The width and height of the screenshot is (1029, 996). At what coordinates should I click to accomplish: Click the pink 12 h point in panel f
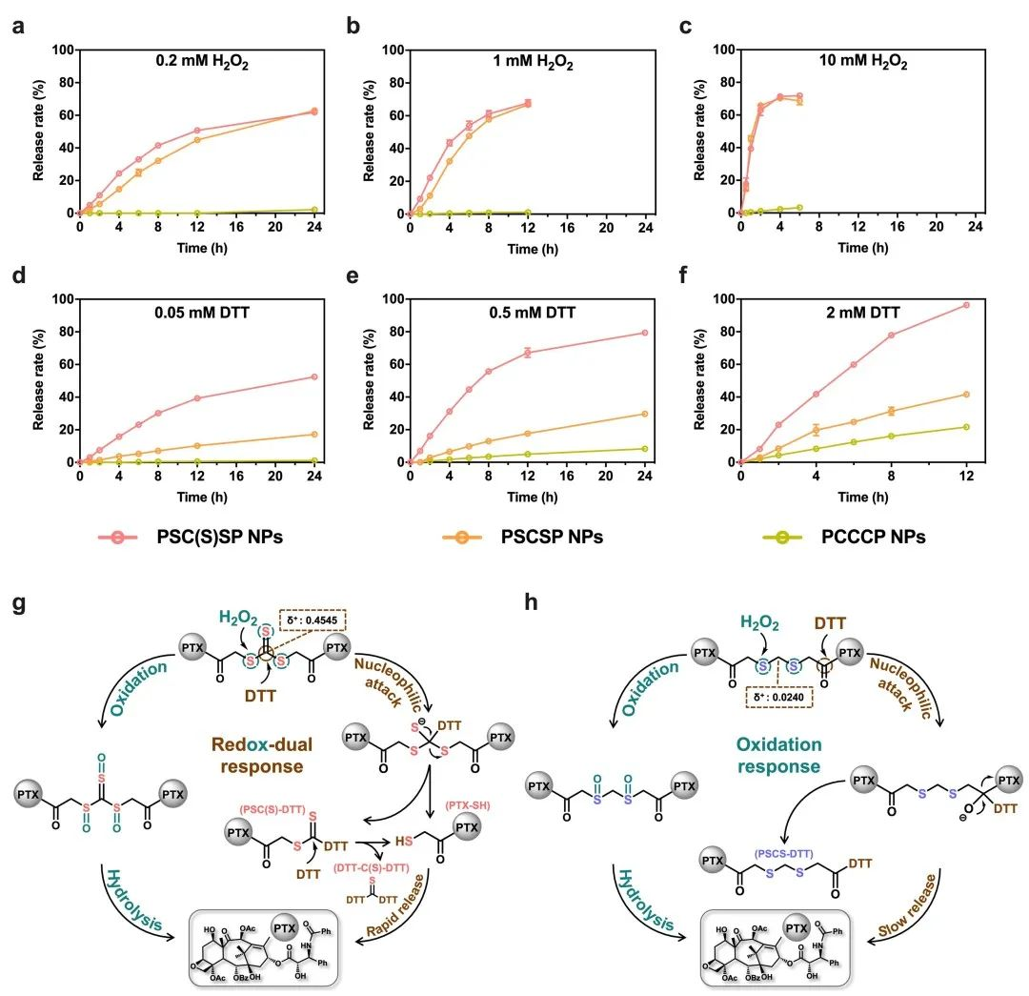click(966, 305)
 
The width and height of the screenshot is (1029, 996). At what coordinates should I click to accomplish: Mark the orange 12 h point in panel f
click(966, 395)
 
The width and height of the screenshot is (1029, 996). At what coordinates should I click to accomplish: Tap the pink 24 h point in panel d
click(314, 376)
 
